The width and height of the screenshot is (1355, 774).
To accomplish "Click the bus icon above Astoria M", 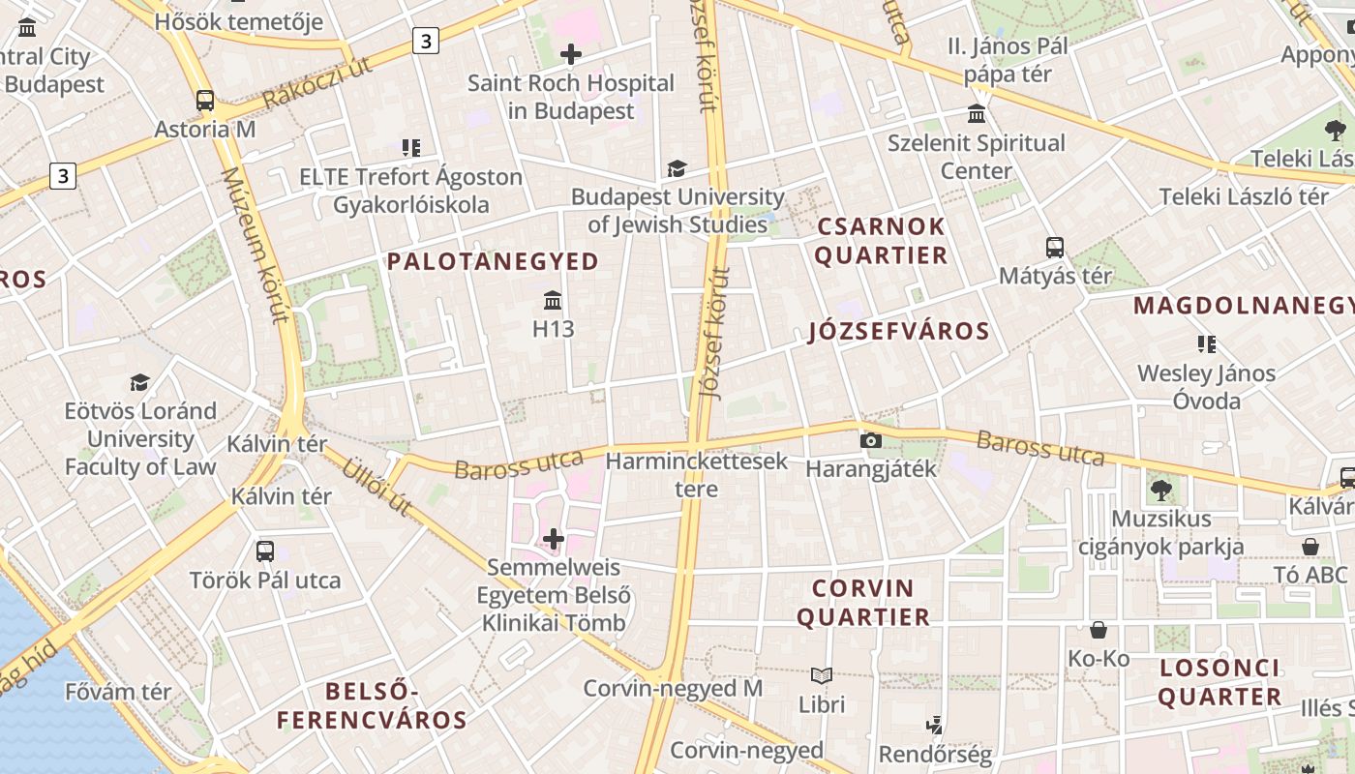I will coord(205,100).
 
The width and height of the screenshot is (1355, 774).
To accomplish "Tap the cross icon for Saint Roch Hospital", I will coord(571,53).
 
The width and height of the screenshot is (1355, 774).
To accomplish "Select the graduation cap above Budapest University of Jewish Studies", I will coord(677,168).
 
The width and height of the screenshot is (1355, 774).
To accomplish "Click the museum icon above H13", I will coord(553,300).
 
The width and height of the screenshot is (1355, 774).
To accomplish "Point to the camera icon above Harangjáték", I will coord(870,441).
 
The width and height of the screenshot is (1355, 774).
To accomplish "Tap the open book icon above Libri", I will coord(822,675).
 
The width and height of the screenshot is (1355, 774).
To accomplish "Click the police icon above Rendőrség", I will coord(935,725).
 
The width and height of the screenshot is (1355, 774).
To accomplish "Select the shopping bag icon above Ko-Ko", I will coord(1099,631).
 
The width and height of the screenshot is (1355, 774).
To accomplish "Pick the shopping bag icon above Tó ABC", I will coord(1310,547).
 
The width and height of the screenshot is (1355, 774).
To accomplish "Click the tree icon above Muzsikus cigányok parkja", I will coord(1161,491).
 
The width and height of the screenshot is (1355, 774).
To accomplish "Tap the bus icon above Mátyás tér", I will coord(1055,248).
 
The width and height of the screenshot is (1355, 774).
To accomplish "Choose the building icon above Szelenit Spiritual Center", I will coord(977,114).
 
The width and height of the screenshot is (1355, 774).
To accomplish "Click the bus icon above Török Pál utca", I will coord(264,551).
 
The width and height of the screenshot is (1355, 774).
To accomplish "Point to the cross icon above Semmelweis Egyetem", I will coord(554,539).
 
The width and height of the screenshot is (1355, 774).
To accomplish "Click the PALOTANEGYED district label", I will coord(493,261).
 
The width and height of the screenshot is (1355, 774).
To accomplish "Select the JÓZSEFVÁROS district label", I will coord(899,332).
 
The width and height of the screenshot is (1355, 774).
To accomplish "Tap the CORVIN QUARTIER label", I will coord(870,602).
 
